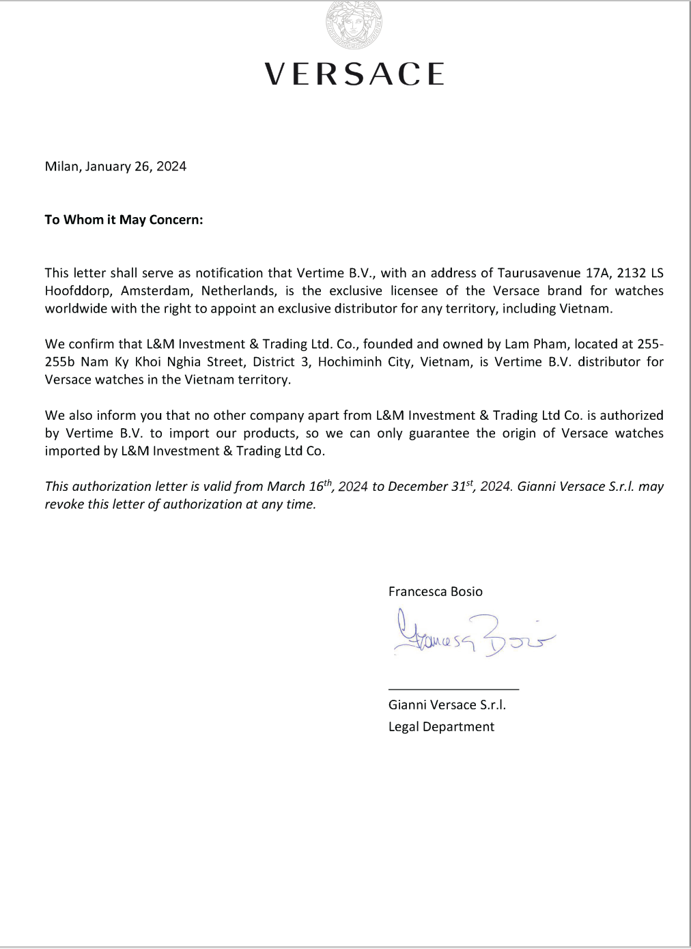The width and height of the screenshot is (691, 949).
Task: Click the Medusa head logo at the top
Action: pyautogui.click(x=354, y=25)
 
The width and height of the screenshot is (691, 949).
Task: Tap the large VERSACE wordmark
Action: pyautogui.click(x=354, y=74)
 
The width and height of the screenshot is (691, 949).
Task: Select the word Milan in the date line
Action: pyautogui.click(x=61, y=167)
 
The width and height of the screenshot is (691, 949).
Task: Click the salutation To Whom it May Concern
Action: pyautogui.click(x=124, y=220)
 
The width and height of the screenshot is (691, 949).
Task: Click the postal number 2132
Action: pyautogui.click(x=631, y=273)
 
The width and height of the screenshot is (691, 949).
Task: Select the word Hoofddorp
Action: pyautogui.click(x=78, y=291)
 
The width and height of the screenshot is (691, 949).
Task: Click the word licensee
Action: pyautogui.click(x=414, y=291)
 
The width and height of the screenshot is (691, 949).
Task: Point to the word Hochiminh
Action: pyautogui.click(x=350, y=362)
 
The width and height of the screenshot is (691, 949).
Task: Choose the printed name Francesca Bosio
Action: pyautogui.click(x=435, y=592)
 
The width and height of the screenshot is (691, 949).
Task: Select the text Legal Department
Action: pyautogui.click(x=441, y=727)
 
